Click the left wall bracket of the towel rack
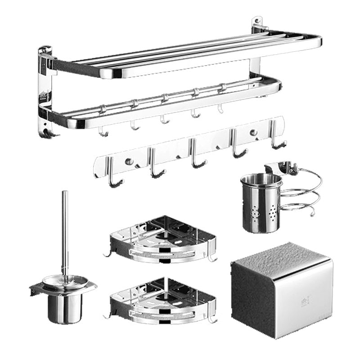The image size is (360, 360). [x=45, y=90]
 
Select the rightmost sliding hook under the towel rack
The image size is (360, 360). [x=220, y=108]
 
